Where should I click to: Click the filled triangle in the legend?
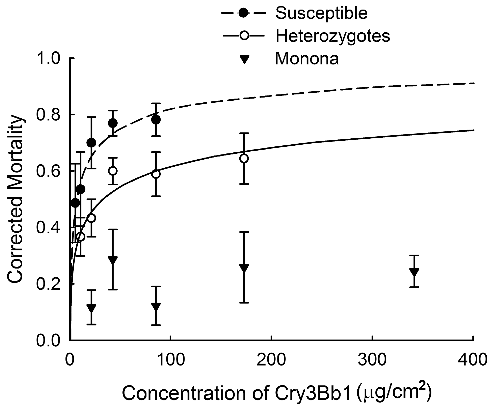244,60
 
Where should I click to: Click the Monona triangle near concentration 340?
414,272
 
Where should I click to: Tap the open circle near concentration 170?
244,158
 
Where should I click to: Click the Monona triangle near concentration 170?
244,268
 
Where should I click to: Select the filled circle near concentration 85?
156,120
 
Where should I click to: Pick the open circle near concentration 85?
156,174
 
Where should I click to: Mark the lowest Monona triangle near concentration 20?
91,308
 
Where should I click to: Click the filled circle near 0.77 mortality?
113,123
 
